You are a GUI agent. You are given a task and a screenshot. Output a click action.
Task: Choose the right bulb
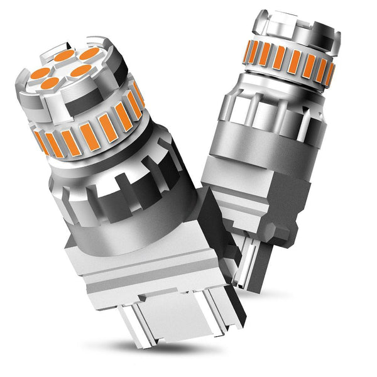click(276, 126)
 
